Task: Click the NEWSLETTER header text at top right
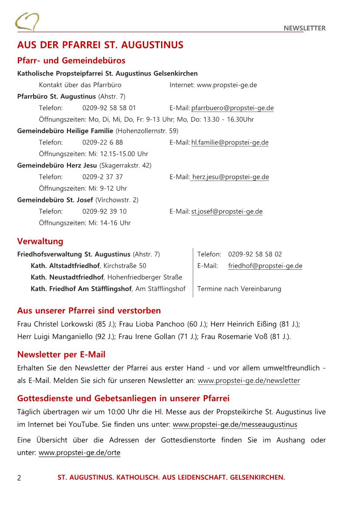pos(304,28)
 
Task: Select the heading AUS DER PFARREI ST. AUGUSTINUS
pos(100,45)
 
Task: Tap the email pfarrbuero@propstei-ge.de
pos(232,108)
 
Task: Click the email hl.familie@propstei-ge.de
pos(230,142)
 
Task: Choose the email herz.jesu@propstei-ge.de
pos(230,177)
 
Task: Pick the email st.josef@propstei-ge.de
pos(227,211)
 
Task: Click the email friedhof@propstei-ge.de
pos(265,266)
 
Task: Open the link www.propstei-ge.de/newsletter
pos(249,381)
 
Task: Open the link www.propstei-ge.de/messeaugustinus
pos(235,425)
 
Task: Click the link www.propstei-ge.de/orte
pos(79,453)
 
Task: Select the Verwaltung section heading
pos(40,241)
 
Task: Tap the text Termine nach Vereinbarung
pos(239,288)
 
